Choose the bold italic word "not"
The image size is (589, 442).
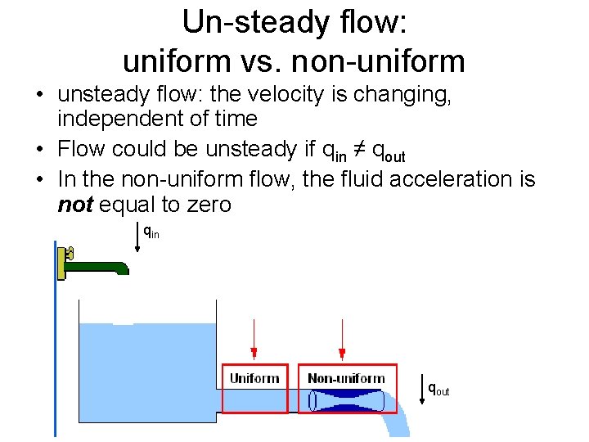tap(74, 205)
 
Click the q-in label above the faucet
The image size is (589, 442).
tap(151, 232)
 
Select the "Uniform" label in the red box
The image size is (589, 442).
tap(254, 378)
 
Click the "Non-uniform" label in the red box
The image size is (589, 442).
tap(346, 378)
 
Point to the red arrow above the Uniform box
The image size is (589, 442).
tap(254, 340)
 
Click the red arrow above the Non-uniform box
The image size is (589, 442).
tap(342, 340)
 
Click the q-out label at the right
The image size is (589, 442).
tap(439, 390)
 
